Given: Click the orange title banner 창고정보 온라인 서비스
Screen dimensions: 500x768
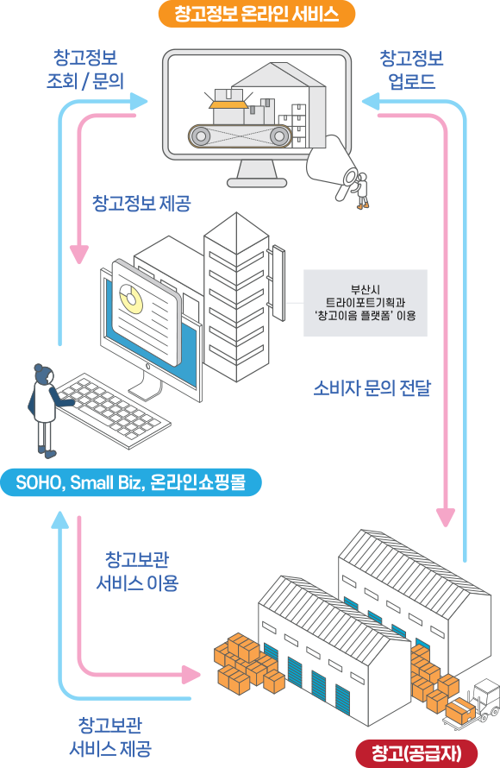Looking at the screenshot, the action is point(257,14).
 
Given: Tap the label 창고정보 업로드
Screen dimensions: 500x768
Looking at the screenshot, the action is point(411,70).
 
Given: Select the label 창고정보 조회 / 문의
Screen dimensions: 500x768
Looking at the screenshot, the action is point(85,69).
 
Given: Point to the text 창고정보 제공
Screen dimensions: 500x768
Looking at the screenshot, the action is point(141,203).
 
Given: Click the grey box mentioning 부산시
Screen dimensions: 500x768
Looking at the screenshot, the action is point(366,303).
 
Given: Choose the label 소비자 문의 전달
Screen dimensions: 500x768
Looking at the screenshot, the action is point(372,388).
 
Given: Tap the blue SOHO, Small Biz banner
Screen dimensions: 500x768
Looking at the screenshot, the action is point(131,482).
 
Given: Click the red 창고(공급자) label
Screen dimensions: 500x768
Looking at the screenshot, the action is point(416,752).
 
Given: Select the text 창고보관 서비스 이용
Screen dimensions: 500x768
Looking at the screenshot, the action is point(137,571).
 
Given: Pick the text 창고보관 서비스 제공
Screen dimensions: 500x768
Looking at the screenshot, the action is point(110,737).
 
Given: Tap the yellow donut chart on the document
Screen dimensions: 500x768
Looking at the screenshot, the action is point(131,299).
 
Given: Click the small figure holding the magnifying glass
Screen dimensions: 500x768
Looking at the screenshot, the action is point(361,190).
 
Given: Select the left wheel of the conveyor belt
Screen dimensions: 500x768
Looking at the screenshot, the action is point(200,135).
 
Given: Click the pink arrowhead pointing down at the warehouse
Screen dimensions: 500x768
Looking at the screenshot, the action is point(445,517).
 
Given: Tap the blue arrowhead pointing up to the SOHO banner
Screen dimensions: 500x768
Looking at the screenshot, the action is point(60,520).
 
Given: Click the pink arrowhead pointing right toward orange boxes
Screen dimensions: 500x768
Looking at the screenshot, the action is point(191,675).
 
